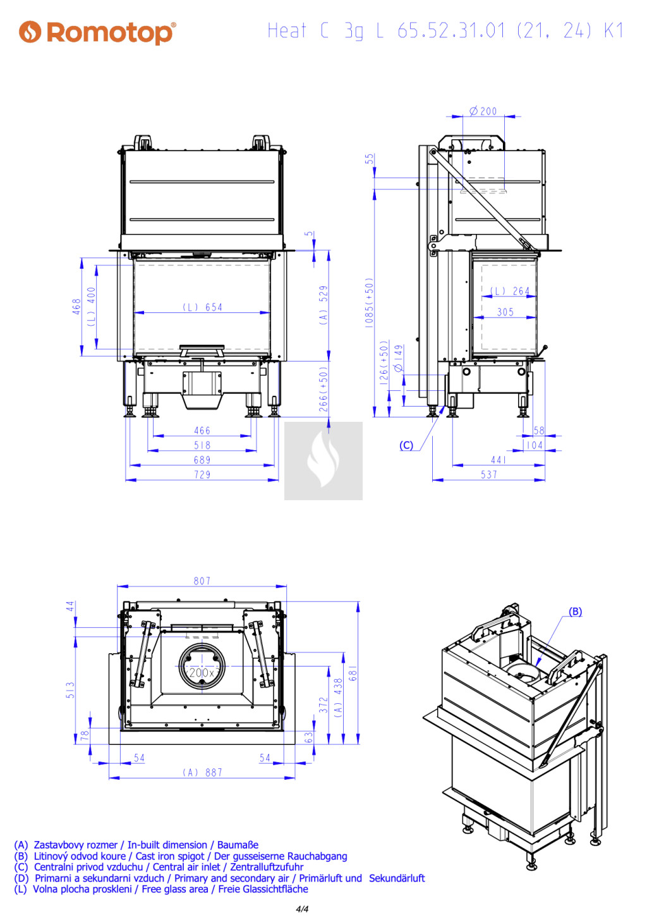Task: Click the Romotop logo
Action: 97,32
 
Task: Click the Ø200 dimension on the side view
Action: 483,111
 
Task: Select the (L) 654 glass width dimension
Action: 203,307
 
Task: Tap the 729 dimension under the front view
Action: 202,475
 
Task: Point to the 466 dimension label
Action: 202,431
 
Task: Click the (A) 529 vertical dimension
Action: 323,305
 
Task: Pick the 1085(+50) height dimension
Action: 370,302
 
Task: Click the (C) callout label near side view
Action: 406,445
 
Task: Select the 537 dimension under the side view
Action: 489,474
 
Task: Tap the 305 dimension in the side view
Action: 505,312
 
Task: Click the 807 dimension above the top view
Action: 202,581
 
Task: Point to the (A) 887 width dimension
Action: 203,773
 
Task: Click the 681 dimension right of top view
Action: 353,673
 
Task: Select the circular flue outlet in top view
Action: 202,667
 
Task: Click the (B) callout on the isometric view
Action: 575,612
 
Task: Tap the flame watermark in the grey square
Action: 323,461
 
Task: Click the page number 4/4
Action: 302,909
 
